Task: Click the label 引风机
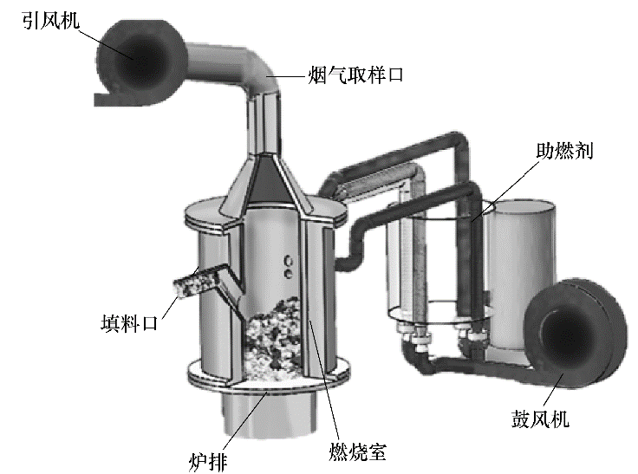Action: (x=50, y=21)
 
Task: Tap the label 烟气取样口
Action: (x=355, y=75)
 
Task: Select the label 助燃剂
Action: (x=564, y=151)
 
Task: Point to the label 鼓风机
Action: (x=540, y=419)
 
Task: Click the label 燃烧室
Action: (x=358, y=451)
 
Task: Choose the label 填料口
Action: (x=129, y=324)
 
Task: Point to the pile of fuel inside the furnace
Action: (x=273, y=339)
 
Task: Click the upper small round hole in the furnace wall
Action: (x=289, y=260)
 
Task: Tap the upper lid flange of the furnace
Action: (x=266, y=214)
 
